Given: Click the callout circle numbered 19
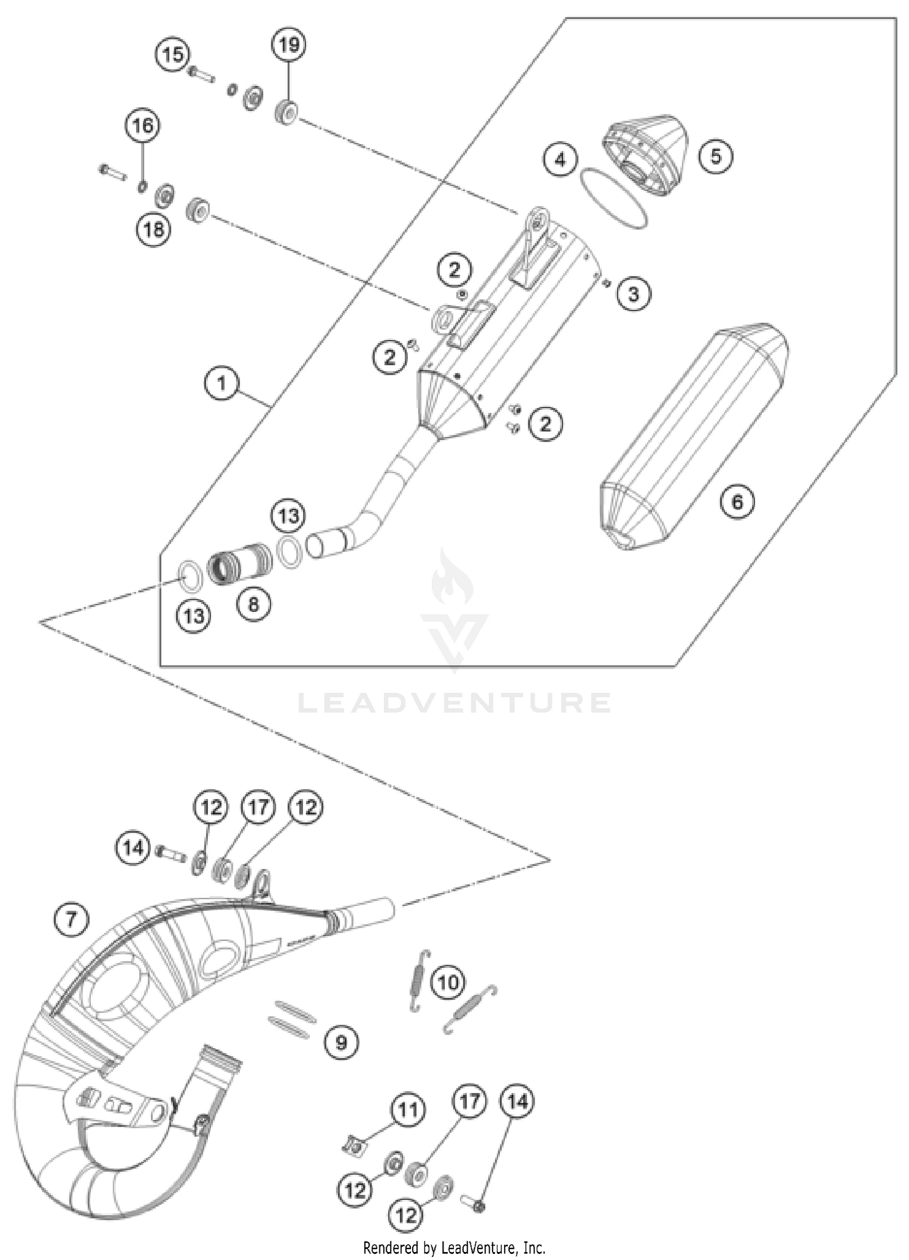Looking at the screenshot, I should point(289,45).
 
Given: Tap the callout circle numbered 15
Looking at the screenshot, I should point(173,55).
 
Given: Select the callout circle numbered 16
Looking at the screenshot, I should point(142,126).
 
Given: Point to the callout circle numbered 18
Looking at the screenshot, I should point(154,229).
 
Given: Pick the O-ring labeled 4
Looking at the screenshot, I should point(613,198).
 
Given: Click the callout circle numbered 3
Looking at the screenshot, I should point(633,295).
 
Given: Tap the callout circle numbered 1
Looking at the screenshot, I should point(221,383).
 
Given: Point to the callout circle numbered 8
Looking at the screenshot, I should point(253,603).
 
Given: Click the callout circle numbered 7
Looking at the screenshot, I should point(72,919).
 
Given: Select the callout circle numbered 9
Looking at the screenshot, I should point(341,1042).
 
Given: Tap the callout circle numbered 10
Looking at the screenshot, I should point(448,982).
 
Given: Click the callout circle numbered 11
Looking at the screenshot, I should point(408,1110).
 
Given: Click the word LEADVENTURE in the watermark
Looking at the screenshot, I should point(454,703).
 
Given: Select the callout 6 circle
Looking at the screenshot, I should point(737,501).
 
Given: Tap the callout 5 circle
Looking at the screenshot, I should point(716,156).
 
